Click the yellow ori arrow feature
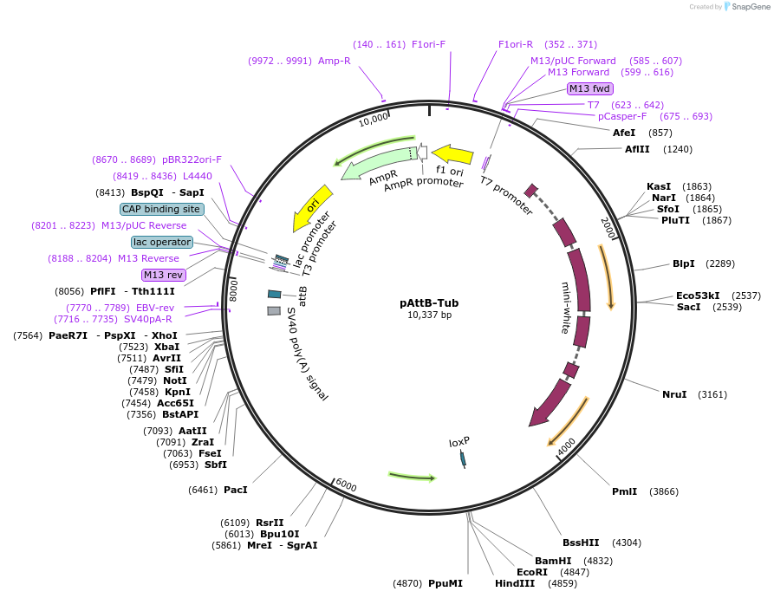pyautogui.click(x=313, y=208)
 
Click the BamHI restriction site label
pyautogui.click(x=552, y=561)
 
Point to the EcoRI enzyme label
pyautogui.click(x=532, y=572)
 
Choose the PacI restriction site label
pyautogui.click(x=235, y=490)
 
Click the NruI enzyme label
pyautogui.click(x=674, y=394)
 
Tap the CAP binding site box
pyautogui.click(x=162, y=209)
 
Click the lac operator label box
pyautogui.click(x=162, y=242)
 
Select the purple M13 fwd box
pyautogui.click(x=589, y=88)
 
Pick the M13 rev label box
pyautogui.click(x=164, y=275)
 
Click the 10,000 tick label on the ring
pyautogui.click(x=374, y=119)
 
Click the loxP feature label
pyautogui.click(x=459, y=442)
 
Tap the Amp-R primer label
pyautogui.click(x=334, y=61)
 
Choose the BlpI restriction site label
pyautogui.click(x=684, y=263)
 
